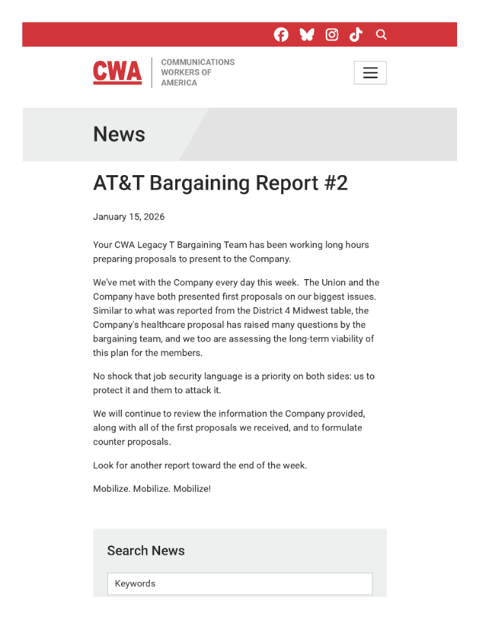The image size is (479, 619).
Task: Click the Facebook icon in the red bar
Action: pyautogui.click(x=281, y=35)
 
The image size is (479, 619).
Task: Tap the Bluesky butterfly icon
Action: pyautogui.click(x=307, y=35)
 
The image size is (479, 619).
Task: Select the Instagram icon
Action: pyautogui.click(x=332, y=35)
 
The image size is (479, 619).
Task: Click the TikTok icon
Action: pyautogui.click(x=356, y=35)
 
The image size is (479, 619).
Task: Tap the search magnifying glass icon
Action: pyautogui.click(x=381, y=35)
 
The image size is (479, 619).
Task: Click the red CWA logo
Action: pyautogui.click(x=118, y=72)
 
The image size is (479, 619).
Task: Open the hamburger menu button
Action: pyautogui.click(x=370, y=73)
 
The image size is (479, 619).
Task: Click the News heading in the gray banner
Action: pyautogui.click(x=119, y=134)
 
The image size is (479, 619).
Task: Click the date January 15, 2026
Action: pyautogui.click(x=129, y=217)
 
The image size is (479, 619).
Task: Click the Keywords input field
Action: pyautogui.click(x=239, y=583)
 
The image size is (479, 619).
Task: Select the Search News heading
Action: pyautogui.click(x=146, y=551)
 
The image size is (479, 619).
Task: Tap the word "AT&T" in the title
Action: pyautogui.click(x=118, y=183)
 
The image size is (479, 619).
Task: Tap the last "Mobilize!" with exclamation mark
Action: pyautogui.click(x=192, y=489)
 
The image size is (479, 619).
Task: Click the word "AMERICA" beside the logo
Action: pyautogui.click(x=179, y=83)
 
